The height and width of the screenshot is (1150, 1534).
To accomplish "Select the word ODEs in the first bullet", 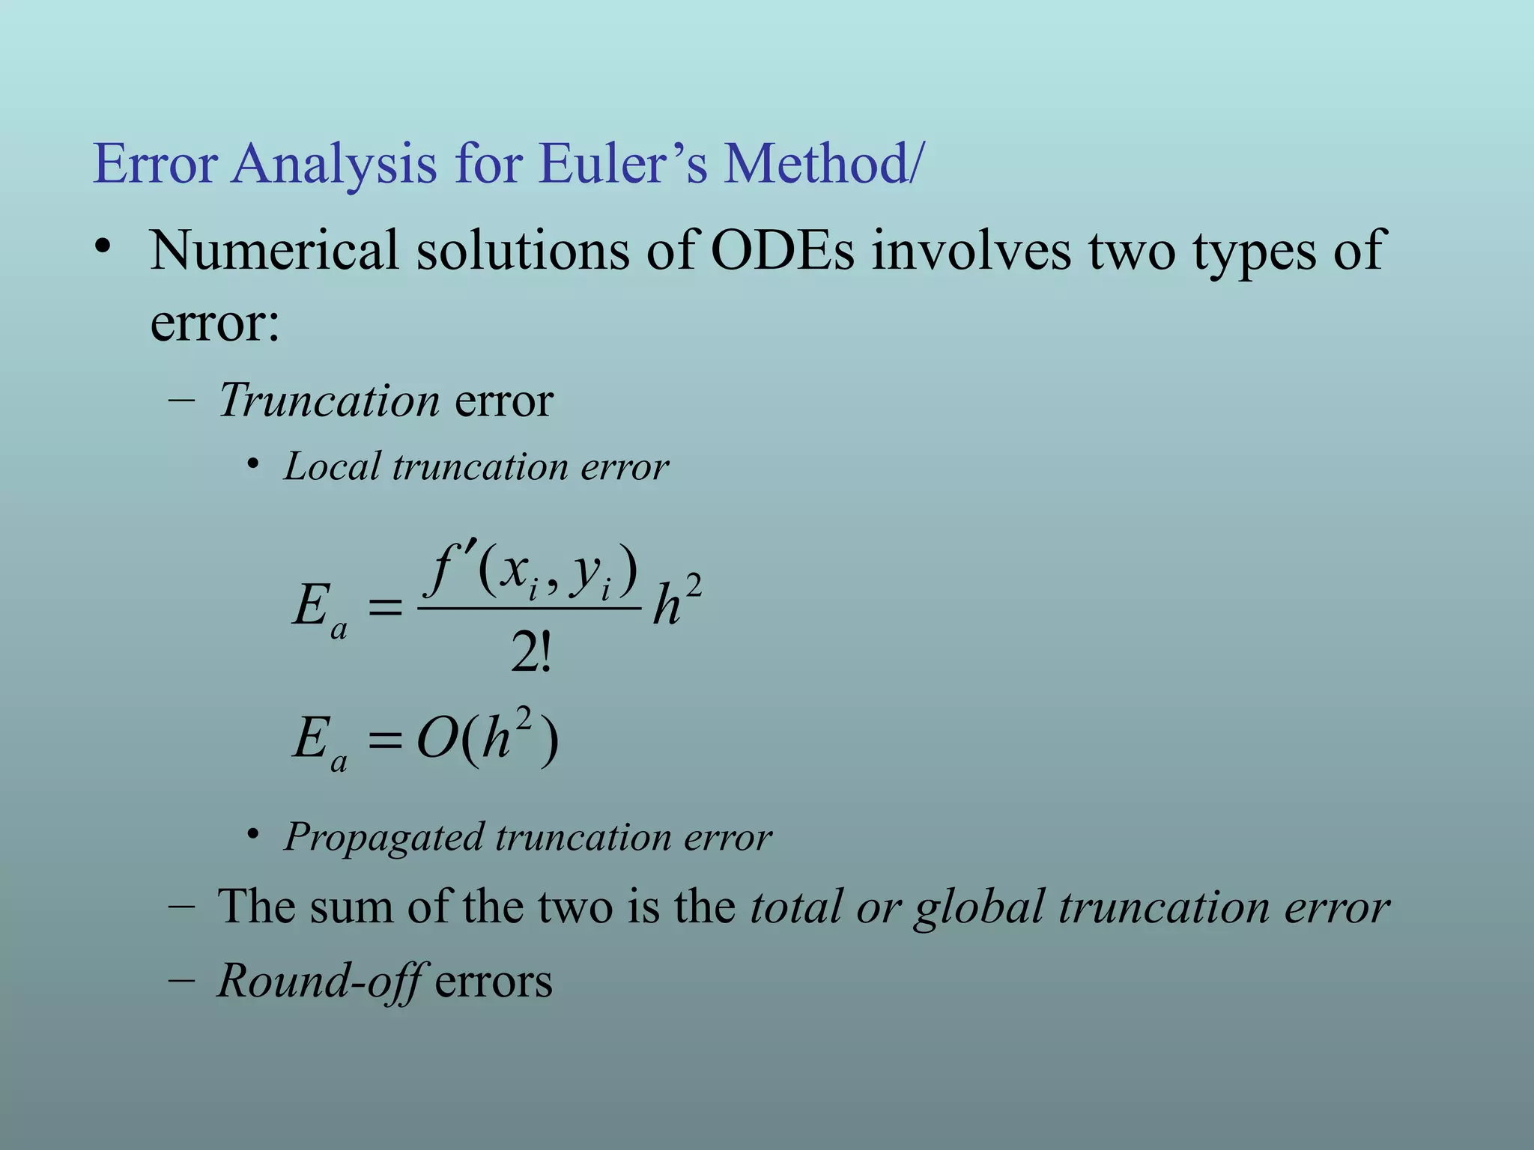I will tap(782, 250).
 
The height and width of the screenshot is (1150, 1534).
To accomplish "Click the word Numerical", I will tap(274, 250).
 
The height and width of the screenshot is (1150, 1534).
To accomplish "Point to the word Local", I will tap(332, 466).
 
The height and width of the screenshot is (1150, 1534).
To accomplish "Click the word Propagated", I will tap(383, 837).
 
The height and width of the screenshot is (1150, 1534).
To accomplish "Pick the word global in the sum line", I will tap(978, 907).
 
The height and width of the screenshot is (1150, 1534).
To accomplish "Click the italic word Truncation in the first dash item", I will tap(328, 400).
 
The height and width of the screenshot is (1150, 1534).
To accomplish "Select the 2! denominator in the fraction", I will tap(530, 652).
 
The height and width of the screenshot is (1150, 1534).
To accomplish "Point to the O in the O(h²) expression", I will tap(437, 740).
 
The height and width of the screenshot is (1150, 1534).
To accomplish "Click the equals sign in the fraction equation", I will tap(386, 608).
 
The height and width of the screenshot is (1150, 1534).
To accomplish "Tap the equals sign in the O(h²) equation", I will tap(386, 741).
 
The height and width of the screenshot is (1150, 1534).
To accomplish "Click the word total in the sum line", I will tap(795, 907).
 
